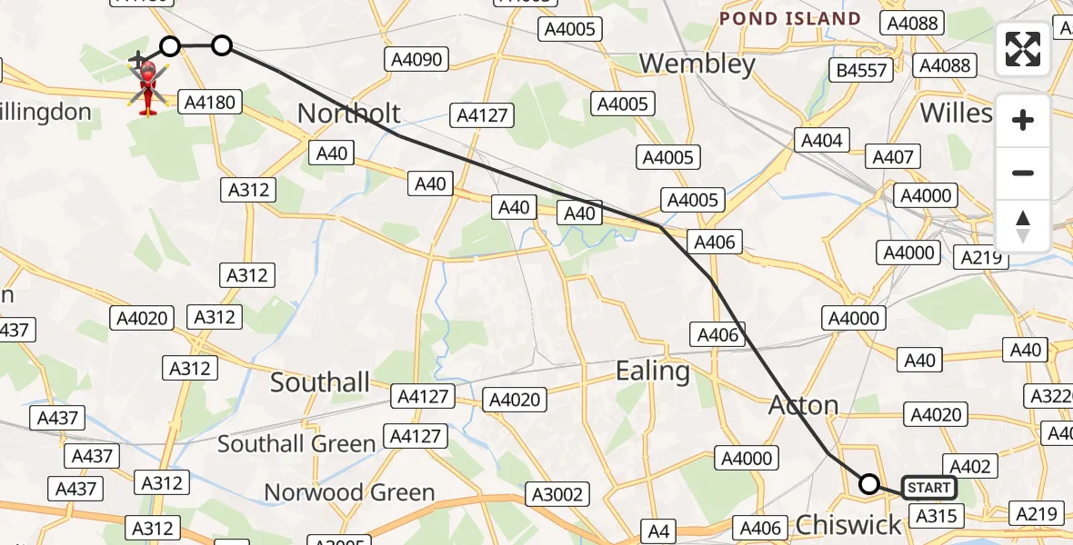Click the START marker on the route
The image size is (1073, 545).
(x=928, y=488)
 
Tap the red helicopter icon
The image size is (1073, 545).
(x=147, y=87)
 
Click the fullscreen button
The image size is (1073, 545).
(x=1023, y=49)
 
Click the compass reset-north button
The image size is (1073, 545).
(x=1023, y=226)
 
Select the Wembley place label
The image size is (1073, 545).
(x=697, y=64)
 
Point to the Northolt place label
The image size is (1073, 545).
(x=349, y=113)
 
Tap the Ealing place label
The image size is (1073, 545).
(x=652, y=371)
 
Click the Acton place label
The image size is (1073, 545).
(x=804, y=404)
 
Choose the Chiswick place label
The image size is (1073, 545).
(x=848, y=524)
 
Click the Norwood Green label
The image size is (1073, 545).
(x=349, y=492)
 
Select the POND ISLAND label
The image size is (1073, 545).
(x=789, y=18)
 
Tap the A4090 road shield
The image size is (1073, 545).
(x=416, y=60)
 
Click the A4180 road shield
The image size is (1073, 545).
(x=210, y=102)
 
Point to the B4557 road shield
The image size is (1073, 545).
(x=862, y=70)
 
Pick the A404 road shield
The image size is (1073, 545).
(x=822, y=140)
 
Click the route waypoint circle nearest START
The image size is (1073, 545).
(x=869, y=484)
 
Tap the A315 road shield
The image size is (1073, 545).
(x=935, y=516)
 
